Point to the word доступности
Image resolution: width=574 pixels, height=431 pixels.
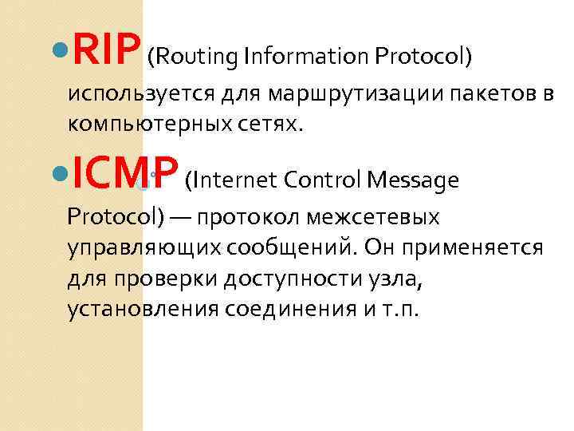[277, 279]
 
